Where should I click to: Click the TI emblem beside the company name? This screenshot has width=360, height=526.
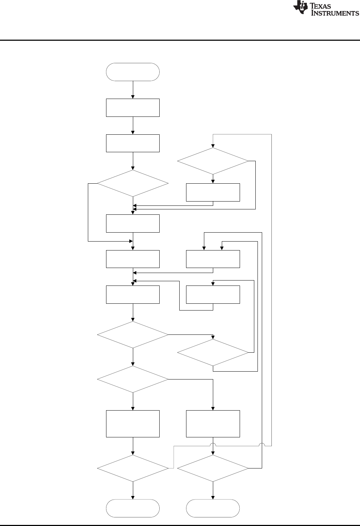pos(300,8)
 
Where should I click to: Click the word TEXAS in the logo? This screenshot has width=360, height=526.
pos(324,6)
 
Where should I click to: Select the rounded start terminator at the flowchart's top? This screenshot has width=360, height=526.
pos(133,72)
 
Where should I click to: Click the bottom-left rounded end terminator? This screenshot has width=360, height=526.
pos(133,508)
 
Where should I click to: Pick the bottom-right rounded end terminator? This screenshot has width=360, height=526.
pos(213,508)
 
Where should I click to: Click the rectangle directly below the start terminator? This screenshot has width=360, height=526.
pos(133,108)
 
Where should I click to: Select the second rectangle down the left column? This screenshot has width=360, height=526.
pos(133,143)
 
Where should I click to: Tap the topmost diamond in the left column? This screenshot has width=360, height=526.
pos(133,183)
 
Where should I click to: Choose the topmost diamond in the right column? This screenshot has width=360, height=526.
pos(213,161)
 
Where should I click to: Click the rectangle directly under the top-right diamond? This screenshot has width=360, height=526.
pos(213,193)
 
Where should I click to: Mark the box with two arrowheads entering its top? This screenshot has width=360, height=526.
pos(213,259)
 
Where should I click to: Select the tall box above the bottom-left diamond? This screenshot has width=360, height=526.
pos(133,423)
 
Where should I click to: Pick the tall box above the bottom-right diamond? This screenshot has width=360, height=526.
pos(213,423)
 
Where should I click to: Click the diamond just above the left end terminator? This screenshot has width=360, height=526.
pos(133,468)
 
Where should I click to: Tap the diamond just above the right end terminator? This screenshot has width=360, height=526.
pos(213,468)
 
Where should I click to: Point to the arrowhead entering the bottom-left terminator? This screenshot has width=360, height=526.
pos(133,497)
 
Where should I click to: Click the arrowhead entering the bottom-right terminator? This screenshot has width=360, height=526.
pos(213,497)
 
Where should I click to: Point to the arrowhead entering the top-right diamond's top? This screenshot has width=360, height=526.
pos(213,146)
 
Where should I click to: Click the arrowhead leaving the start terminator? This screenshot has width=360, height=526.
pos(133,96)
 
